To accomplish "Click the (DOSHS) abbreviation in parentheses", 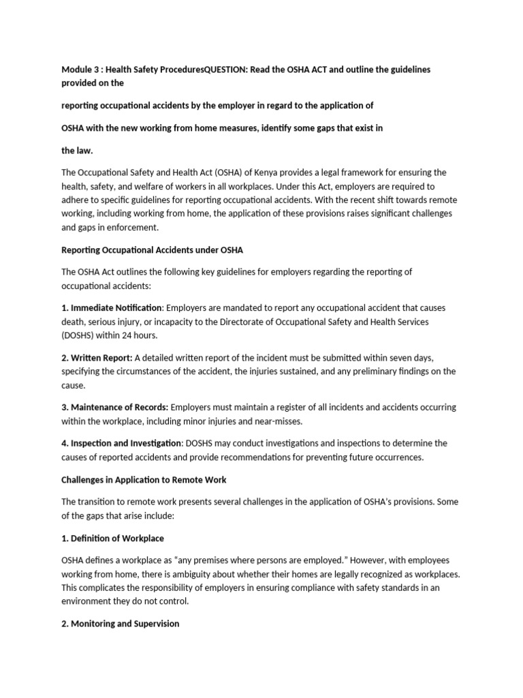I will click(x=80, y=335).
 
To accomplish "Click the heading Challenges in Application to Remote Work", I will click(x=144, y=480).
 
